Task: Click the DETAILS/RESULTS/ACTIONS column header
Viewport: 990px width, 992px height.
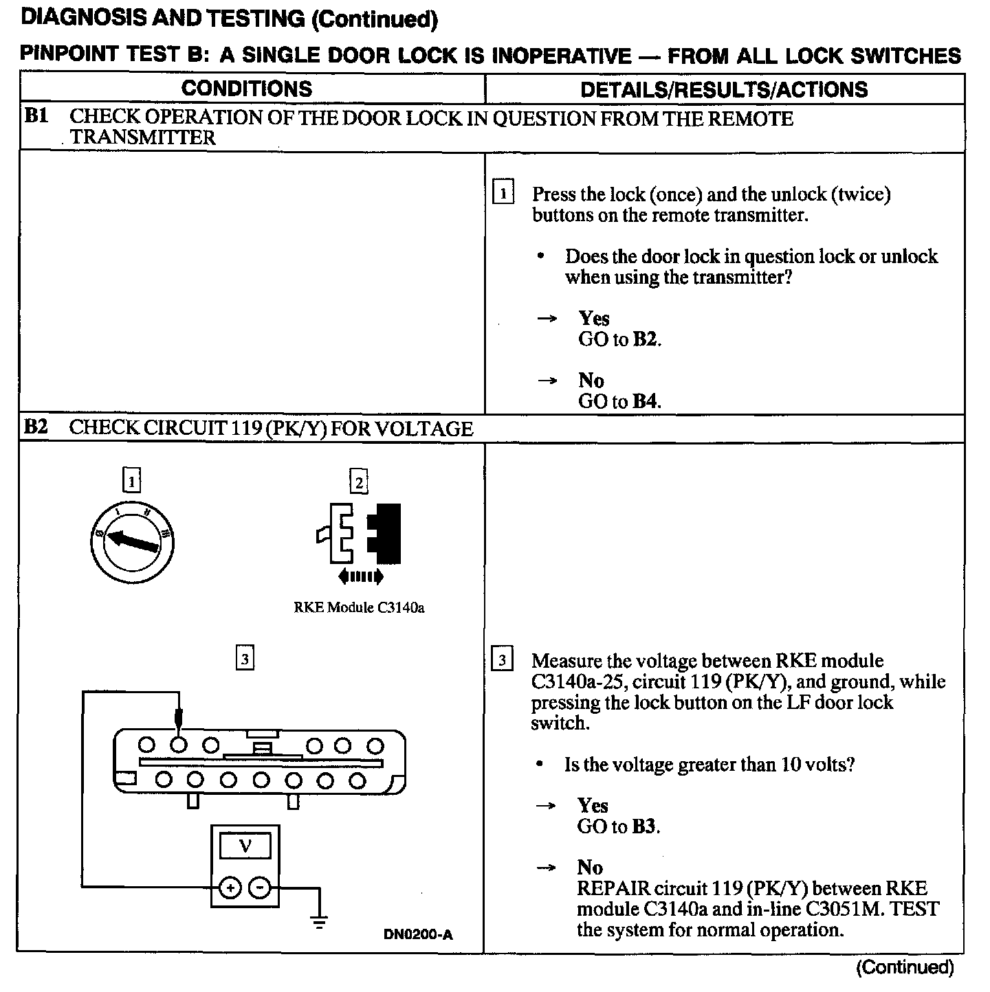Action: point(724,89)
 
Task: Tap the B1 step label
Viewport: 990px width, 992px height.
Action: point(36,116)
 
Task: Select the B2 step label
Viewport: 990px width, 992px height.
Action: point(36,427)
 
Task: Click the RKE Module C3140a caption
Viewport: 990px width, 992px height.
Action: point(359,607)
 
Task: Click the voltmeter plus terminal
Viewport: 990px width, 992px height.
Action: point(229,888)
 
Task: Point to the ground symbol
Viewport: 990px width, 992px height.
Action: point(319,922)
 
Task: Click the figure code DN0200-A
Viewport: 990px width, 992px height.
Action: point(418,934)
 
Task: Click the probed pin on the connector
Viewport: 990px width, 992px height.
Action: point(179,745)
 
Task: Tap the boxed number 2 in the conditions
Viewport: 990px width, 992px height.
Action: point(358,482)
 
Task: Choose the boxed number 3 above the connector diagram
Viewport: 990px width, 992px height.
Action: point(245,659)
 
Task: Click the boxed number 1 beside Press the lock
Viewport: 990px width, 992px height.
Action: point(503,193)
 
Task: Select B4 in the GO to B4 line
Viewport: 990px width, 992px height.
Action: point(645,401)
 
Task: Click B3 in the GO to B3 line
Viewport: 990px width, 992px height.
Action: point(644,826)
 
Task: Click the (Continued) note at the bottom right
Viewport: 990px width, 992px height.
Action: point(905,968)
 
